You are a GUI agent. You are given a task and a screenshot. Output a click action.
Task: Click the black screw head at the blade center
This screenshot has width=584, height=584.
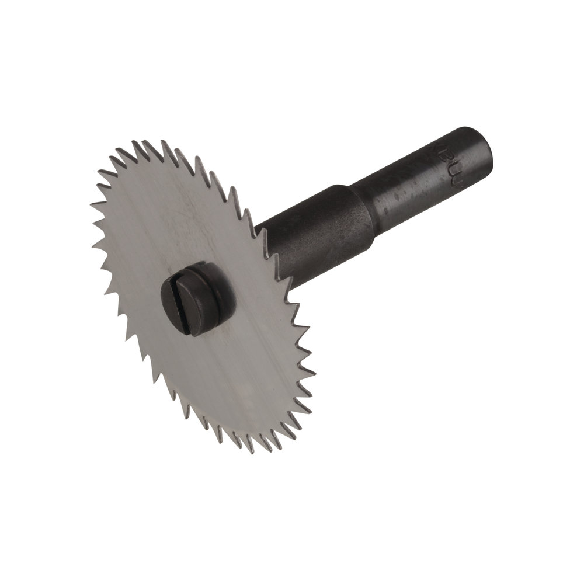tap(195, 298)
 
